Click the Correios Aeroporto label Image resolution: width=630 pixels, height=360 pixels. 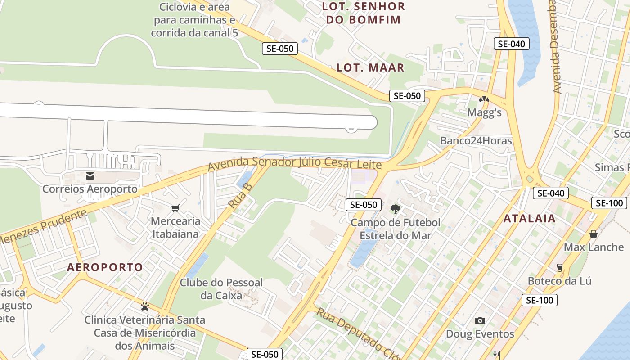coord(90,189)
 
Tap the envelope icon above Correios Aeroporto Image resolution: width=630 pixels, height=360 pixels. coord(90,175)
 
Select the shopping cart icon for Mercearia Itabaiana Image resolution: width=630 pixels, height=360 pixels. coord(175,208)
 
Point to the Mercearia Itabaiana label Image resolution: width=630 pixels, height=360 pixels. coord(175,228)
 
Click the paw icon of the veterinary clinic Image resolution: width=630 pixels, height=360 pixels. coord(145,306)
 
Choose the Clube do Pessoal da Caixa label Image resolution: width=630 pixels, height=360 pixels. coord(221,289)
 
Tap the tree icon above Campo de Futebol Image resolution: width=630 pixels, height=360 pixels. coord(396,209)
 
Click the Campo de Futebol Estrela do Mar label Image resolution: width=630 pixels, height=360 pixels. coord(396,229)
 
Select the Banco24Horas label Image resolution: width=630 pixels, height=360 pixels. coord(476,141)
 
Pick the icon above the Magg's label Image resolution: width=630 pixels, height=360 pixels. coord(484,99)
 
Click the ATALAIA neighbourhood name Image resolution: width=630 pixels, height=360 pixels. coord(529,219)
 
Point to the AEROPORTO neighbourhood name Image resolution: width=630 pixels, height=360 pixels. coord(105,267)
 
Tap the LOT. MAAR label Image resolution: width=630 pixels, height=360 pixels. coord(371,68)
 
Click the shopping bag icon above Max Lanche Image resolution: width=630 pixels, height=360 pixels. coord(594,234)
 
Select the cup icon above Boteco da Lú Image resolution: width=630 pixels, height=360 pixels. coord(560,268)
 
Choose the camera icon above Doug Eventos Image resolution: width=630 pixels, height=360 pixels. coord(480,320)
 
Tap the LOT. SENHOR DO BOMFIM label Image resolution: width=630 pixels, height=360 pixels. coord(364,13)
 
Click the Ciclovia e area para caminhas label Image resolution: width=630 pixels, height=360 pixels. coord(194,20)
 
